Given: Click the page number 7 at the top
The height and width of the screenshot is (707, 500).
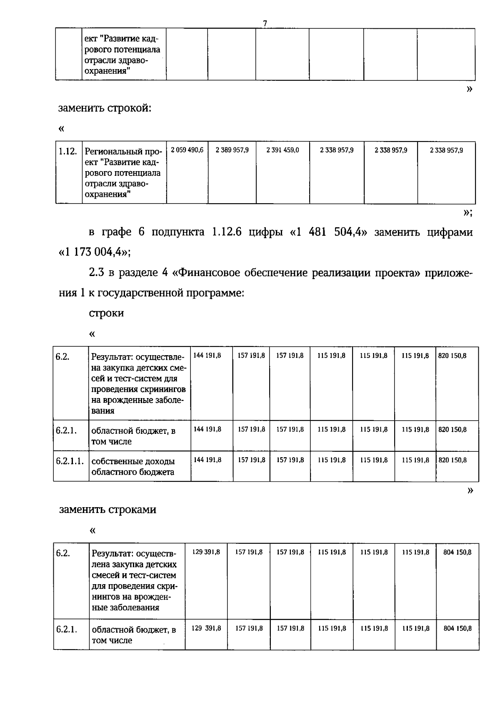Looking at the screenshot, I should click(x=265, y=24).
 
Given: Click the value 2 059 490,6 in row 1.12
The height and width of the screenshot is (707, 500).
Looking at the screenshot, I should click(x=187, y=150).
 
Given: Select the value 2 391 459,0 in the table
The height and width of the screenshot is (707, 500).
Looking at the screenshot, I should click(x=282, y=150).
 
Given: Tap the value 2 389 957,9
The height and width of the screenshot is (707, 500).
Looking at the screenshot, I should click(x=232, y=150).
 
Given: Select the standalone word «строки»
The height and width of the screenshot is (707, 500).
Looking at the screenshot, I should click(x=106, y=313).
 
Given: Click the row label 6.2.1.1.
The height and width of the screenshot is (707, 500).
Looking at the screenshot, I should click(x=70, y=461).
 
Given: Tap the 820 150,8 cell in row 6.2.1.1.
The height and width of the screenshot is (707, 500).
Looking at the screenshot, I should click(x=452, y=460).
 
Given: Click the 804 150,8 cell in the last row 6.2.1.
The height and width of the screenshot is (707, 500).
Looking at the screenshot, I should click(x=457, y=628).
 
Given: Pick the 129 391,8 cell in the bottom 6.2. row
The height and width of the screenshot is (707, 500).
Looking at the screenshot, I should click(x=206, y=552).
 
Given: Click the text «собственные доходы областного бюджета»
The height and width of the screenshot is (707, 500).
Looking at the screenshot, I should click(x=133, y=467).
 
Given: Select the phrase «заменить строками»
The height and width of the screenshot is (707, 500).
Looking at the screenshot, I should click(x=107, y=510).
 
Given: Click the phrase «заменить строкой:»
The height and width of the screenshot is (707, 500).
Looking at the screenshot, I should click(x=105, y=108).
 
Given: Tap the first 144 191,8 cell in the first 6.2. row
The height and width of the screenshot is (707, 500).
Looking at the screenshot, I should click(x=207, y=356).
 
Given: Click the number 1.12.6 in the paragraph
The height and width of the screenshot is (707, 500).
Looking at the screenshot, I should click(x=227, y=232).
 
